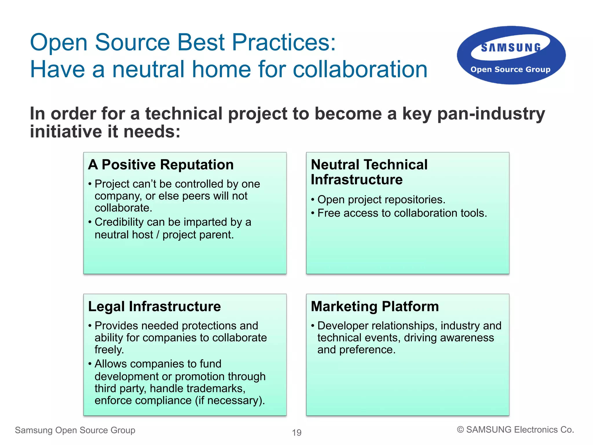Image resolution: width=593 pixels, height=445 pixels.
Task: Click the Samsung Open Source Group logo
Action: coord(511,56)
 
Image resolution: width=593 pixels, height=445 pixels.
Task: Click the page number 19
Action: coord(296,433)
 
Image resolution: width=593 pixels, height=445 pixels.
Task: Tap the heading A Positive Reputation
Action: coord(161,165)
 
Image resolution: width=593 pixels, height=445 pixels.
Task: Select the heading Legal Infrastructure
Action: coord(154,306)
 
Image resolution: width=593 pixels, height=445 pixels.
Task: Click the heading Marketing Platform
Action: coord(375,306)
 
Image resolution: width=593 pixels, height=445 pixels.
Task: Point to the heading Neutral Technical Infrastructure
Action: coord(369,172)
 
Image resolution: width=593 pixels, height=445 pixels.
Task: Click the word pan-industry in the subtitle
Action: coord(491,113)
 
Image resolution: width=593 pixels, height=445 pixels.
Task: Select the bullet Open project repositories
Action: coord(381,200)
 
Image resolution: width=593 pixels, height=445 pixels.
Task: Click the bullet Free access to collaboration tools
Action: coord(402,213)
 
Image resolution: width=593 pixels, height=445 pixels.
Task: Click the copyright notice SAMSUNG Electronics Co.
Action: coord(515,430)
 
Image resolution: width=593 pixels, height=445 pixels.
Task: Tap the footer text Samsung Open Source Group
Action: coord(75,430)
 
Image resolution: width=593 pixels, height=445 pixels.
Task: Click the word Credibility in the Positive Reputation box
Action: coord(119,222)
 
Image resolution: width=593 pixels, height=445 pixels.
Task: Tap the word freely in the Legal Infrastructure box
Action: coord(109,350)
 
